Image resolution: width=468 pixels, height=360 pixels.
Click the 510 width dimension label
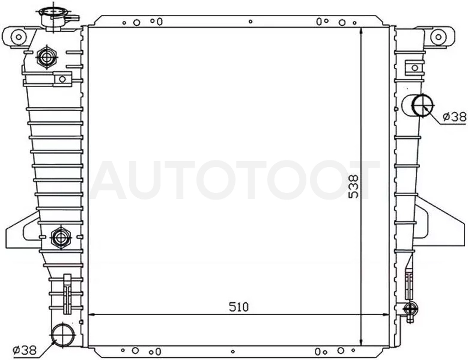239,307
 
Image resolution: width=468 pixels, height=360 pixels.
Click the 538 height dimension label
354,186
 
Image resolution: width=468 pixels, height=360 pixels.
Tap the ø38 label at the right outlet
454,117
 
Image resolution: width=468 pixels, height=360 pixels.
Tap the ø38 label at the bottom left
25,350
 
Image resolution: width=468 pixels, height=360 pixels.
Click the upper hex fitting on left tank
47,57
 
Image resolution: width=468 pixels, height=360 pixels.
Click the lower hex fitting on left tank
61,238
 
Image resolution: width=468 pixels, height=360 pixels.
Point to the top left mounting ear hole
19,37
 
